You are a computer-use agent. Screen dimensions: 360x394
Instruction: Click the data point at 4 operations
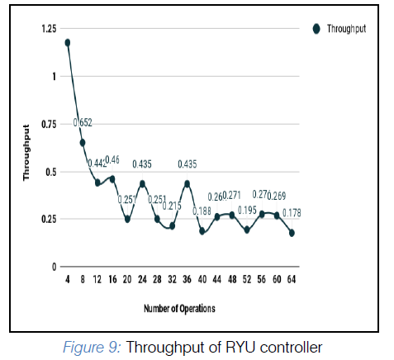pyautogui.click(x=67, y=42)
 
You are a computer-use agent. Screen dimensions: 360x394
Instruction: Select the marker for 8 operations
pyautogui.click(x=82, y=142)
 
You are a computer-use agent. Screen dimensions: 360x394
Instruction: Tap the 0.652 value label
pyautogui.click(x=83, y=123)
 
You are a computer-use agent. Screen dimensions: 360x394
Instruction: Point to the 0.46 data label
pyautogui.click(x=112, y=159)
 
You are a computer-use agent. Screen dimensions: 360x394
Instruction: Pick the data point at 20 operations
pyautogui.click(x=127, y=219)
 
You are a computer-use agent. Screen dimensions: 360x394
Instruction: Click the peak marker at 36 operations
pyautogui.click(x=187, y=183)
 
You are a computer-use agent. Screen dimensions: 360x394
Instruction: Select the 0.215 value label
pyautogui.click(x=171, y=206)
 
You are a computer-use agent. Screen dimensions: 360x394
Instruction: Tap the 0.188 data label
pyautogui.click(x=202, y=211)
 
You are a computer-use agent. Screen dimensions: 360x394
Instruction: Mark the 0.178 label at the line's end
pyautogui.click(x=292, y=213)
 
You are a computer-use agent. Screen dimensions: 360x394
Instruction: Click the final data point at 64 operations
pyautogui.click(x=292, y=233)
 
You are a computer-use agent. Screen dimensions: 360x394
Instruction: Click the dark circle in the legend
pyautogui.click(x=316, y=29)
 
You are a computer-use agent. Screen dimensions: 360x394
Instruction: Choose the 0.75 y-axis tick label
pyautogui.click(x=48, y=124)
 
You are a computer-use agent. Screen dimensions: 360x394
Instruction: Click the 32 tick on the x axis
pyautogui.click(x=171, y=280)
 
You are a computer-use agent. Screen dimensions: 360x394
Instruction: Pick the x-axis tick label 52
pyautogui.click(x=246, y=280)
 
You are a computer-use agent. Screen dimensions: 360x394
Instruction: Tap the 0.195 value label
pyautogui.click(x=247, y=211)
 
